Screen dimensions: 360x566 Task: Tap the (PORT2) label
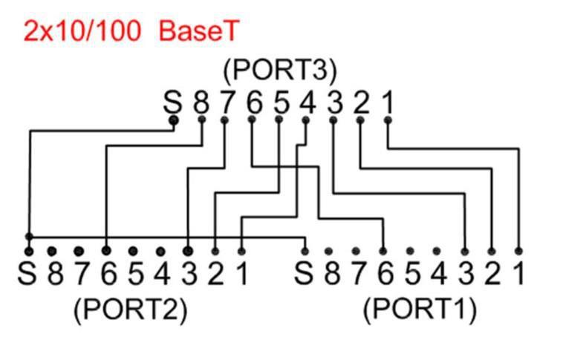pyautogui.click(x=130, y=310)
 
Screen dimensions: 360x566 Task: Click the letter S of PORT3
pyautogui.click(x=173, y=102)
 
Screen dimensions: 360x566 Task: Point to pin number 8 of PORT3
pyautogui.click(x=201, y=102)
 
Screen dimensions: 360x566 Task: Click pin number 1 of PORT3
pyautogui.click(x=387, y=102)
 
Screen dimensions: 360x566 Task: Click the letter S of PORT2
pyautogui.click(x=28, y=274)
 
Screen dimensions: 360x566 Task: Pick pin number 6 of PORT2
pyautogui.click(x=108, y=274)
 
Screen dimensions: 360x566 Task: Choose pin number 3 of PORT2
pyautogui.click(x=189, y=274)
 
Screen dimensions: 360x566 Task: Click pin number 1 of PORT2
pyautogui.click(x=241, y=274)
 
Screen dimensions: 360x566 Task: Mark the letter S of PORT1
pyautogui.click(x=303, y=274)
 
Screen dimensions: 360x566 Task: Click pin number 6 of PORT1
pyautogui.click(x=384, y=274)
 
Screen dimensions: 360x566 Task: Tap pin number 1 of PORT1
pyautogui.click(x=518, y=274)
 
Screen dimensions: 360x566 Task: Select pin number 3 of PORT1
pyautogui.click(x=465, y=274)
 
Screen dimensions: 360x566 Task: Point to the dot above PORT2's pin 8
pyautogui.click(x=53, y=251)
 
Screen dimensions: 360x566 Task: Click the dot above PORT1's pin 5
pyautogui.click(x=410, y=251)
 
